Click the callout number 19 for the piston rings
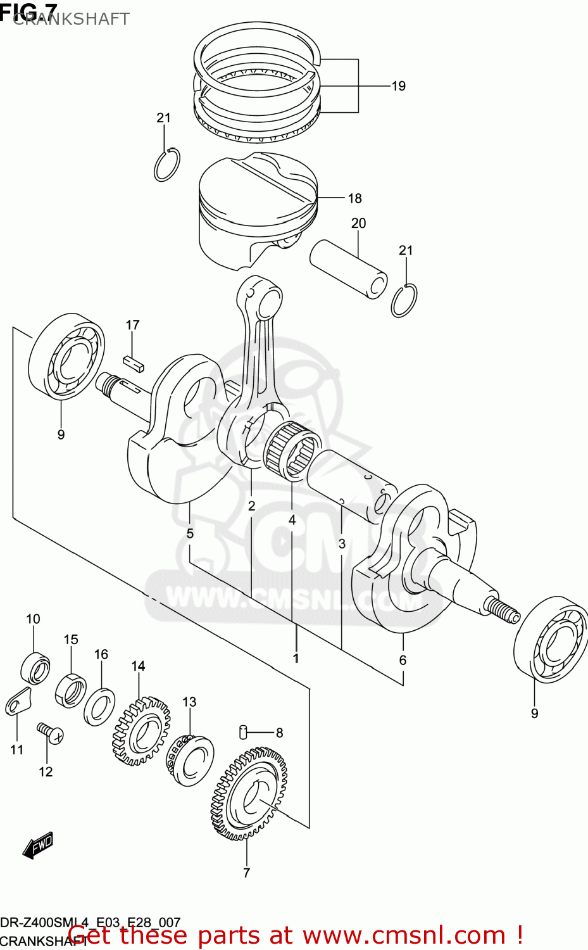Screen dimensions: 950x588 click(x=398, y=86)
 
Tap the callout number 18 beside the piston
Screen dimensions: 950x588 click(x=354, y=199)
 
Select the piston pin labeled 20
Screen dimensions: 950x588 click(x=348, y=269)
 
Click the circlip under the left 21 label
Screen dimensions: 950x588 click(x=167, y=165)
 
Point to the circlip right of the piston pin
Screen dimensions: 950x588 click(x=404, y=301)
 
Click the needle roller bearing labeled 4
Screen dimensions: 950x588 click(x=292, y=450)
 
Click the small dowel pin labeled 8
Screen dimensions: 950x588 click(x=243, y=731)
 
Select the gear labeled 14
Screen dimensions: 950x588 click(x=141, y=730)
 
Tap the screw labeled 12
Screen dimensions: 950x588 click(x=50, y=733)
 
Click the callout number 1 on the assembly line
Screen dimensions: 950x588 click(x=296, y=659)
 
